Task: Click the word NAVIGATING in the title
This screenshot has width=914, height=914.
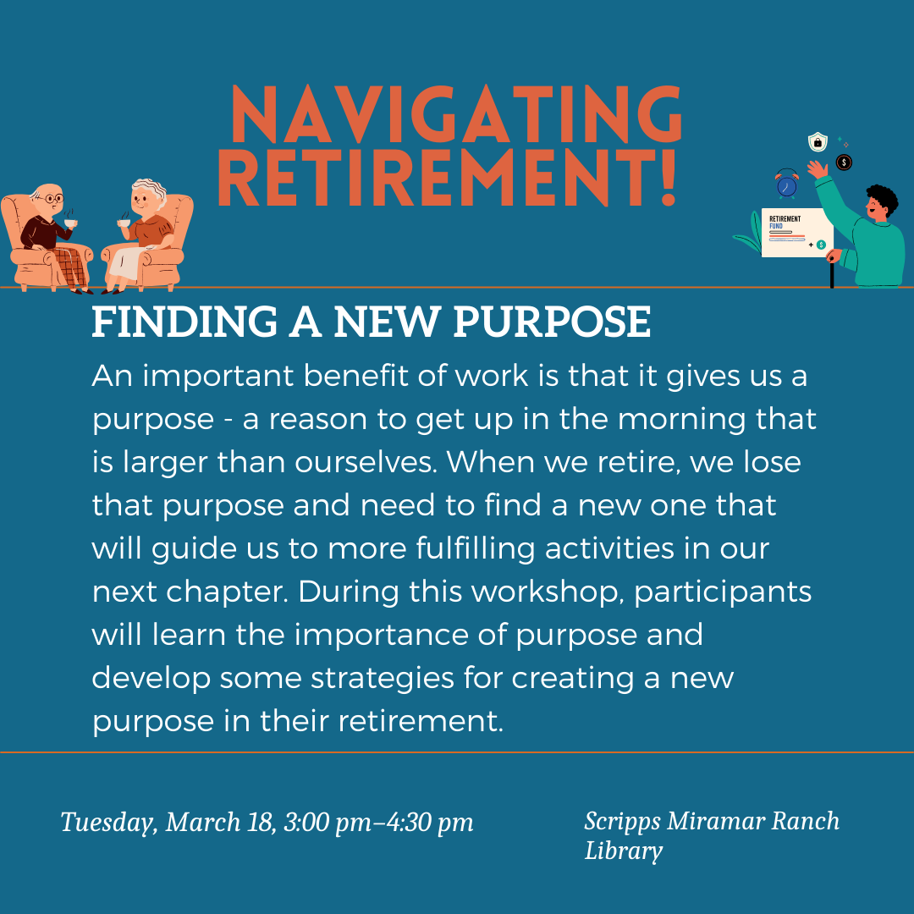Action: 456,114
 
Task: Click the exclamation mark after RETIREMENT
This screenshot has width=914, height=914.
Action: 668,177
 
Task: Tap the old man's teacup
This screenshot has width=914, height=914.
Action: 70,223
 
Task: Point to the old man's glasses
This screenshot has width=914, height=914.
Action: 53,199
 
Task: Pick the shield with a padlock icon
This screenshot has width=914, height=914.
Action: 818,141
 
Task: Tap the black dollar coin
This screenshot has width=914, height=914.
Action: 844,162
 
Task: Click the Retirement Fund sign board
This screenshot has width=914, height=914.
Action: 797,233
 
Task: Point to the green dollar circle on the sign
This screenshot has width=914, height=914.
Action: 821,245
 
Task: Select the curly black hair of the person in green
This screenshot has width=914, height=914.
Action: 883,200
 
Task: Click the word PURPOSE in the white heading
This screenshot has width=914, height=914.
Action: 552,322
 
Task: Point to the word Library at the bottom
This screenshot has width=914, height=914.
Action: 624,851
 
